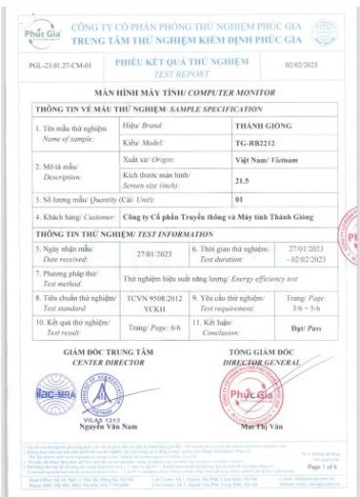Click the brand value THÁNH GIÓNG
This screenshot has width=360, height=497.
(263, 126)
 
